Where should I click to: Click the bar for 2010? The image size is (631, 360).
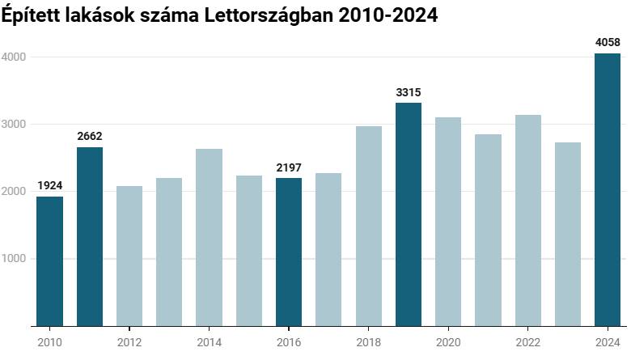coord(49,261)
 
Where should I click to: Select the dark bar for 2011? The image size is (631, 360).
coord(89,236)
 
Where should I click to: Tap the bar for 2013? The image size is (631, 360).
coord(169,252)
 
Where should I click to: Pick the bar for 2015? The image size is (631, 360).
coord(248,251)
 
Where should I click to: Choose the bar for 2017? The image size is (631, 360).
coord(328,249)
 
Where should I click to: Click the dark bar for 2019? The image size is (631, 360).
coord(409,214)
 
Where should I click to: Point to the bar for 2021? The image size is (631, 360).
coord(488,230)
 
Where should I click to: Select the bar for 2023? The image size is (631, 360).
coord(567,234)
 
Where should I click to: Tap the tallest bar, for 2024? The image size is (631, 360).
coord(607,189)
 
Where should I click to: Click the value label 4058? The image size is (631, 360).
coord(607,42)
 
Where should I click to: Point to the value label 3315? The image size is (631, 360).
coord(409,92)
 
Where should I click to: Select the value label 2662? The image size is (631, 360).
coord(90,136)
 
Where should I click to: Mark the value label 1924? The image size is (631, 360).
coord(49,186)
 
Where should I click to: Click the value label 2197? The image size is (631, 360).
coord(289,167)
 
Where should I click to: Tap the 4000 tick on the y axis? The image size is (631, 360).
coord(14,57)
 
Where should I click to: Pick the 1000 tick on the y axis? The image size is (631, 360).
coord(14,259)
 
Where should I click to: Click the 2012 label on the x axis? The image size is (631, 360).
coord(129,342)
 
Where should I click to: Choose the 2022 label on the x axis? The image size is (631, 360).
coord(527,342)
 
